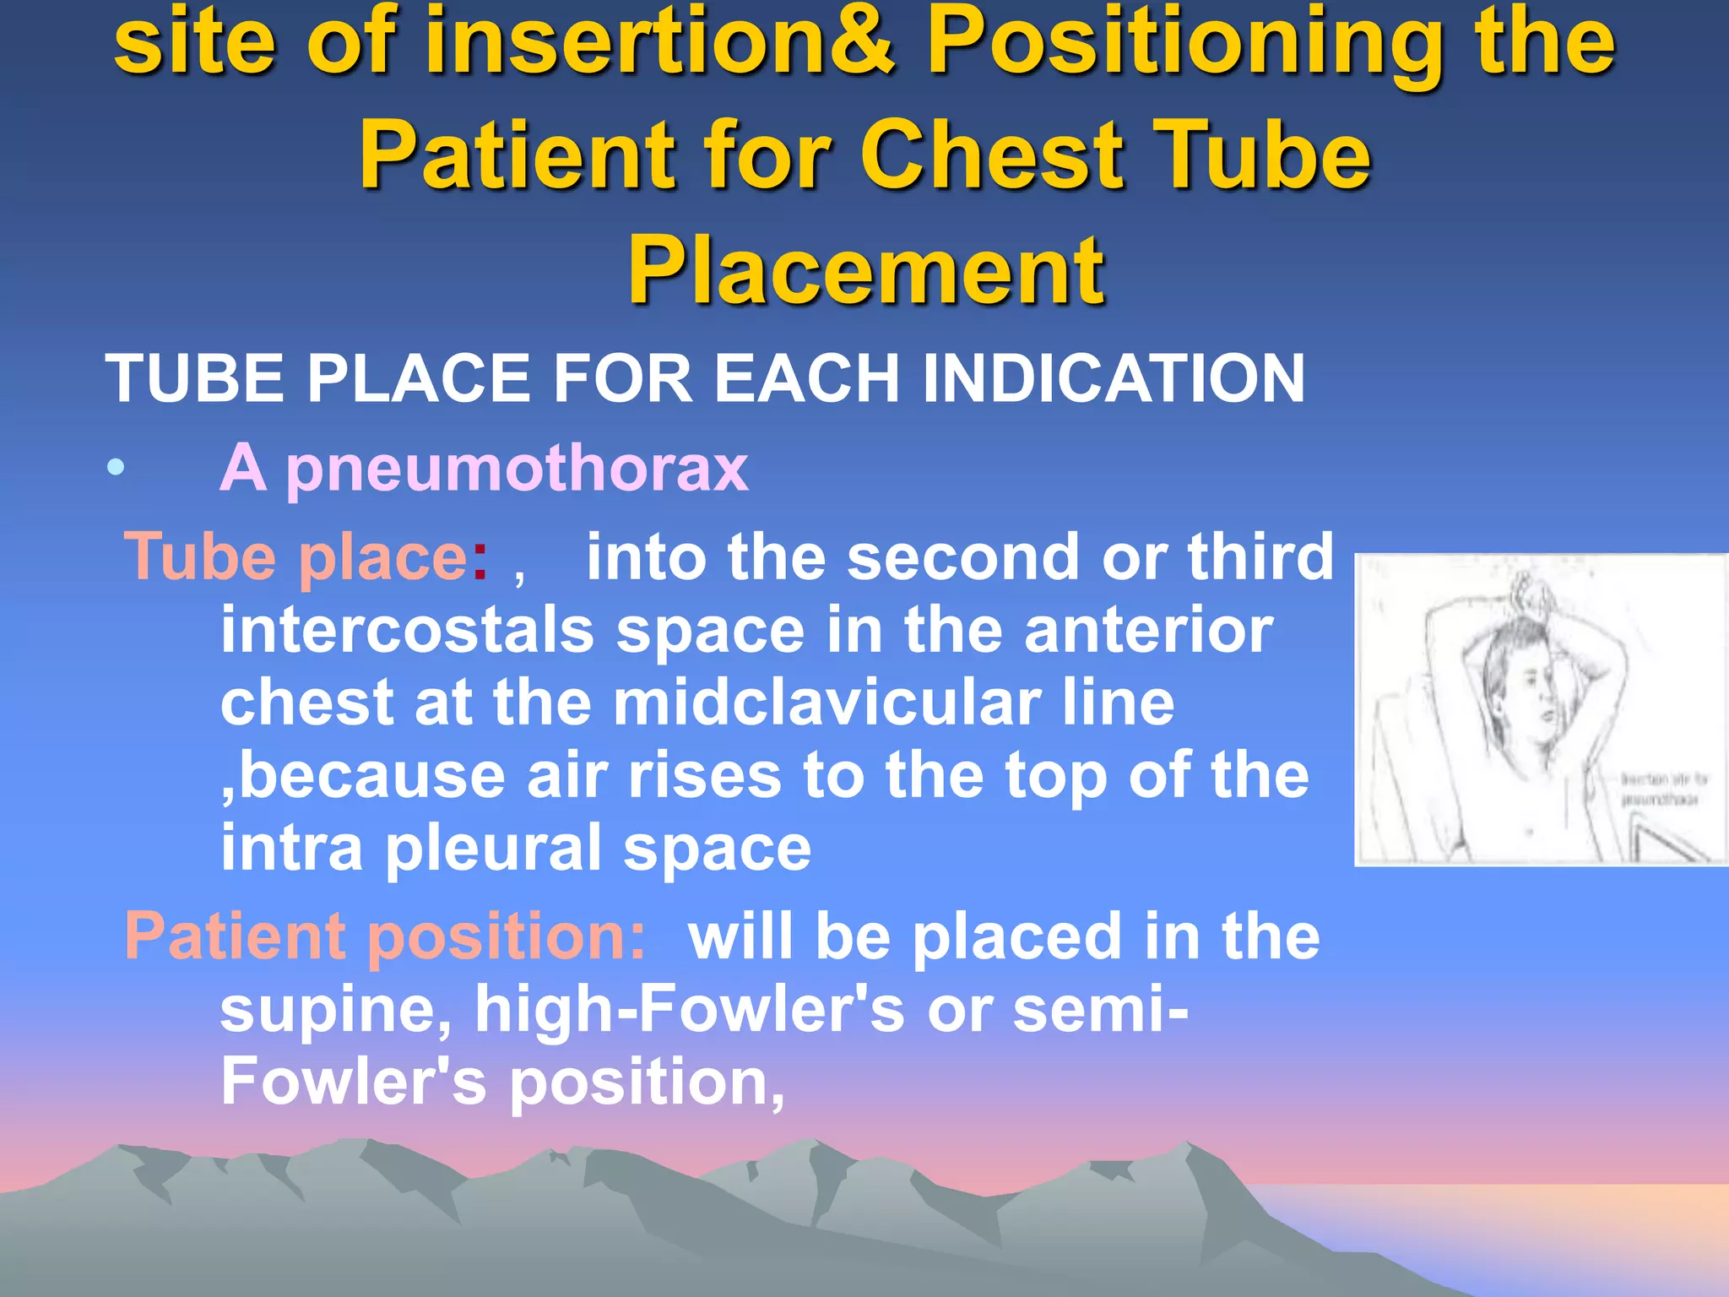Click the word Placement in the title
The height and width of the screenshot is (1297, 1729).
click(x=866, y=270)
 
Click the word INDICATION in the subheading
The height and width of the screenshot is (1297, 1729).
click(x=1114, y=378)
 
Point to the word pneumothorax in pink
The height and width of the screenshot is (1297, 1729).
click(x=517, y=468)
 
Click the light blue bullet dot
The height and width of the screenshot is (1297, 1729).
click(x=116, y=467)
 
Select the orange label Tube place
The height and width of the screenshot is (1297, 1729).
click(x=295, y=557)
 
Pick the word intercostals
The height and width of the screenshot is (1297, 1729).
click(x=407, y=630)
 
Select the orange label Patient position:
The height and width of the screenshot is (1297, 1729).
click(x=384, y=936)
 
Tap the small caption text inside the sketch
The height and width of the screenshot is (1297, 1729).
click(x=1662, y=789)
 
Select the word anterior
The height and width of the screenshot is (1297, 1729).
click(x=1147, y=630)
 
